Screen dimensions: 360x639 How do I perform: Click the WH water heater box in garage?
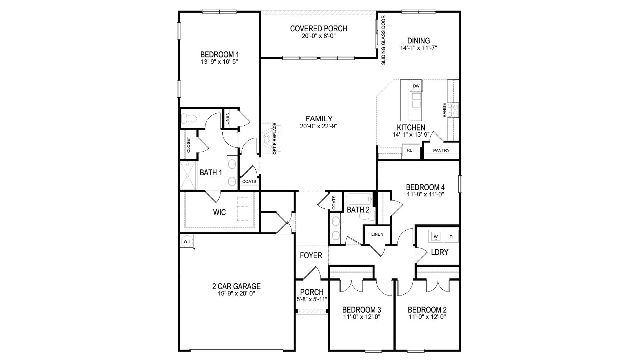(187, 241)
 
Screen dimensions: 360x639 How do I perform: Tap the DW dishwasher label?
(416, 86)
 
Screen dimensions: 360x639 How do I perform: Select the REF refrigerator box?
(411, 150)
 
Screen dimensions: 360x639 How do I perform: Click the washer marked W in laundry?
(436, 237)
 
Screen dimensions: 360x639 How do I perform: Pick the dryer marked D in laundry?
(451, 237)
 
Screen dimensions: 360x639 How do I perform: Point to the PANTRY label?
(441, 150)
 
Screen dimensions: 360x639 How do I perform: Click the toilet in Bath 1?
(189, 118)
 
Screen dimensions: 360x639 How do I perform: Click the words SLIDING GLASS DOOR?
(383, 40)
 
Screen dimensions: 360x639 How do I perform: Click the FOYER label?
(311, 255)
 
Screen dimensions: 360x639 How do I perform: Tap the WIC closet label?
(219, 212)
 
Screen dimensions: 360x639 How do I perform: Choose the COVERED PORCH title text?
(318, 28)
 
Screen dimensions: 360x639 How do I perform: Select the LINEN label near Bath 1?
(227, 118)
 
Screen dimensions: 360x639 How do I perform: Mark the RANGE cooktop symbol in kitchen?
(453, 110)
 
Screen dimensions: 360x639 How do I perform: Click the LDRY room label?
(439, 252)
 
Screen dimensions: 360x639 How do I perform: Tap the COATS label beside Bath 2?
(334, 203)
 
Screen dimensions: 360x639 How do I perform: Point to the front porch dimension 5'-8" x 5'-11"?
(312, 299)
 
